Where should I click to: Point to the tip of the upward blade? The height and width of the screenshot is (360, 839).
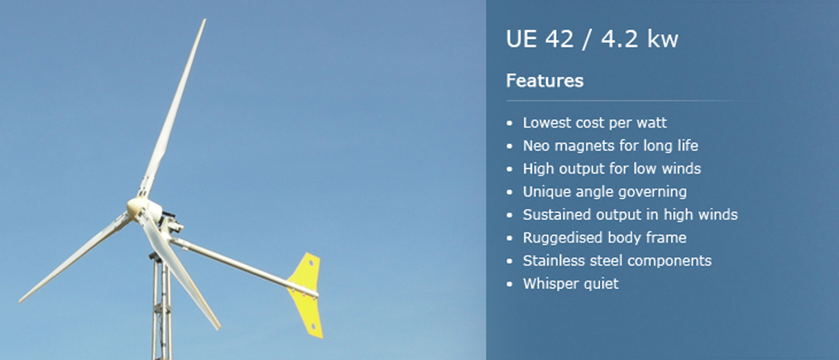pos(204,20)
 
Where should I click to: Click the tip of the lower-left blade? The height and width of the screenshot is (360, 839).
pos(21,300)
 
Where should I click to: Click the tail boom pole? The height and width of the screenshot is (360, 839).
pos(243,267)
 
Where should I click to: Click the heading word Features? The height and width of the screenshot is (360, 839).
pos(544,81)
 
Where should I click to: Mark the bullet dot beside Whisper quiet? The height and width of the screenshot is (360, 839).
pos(509,284)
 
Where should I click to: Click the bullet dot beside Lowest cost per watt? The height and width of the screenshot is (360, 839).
pos(509,123)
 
